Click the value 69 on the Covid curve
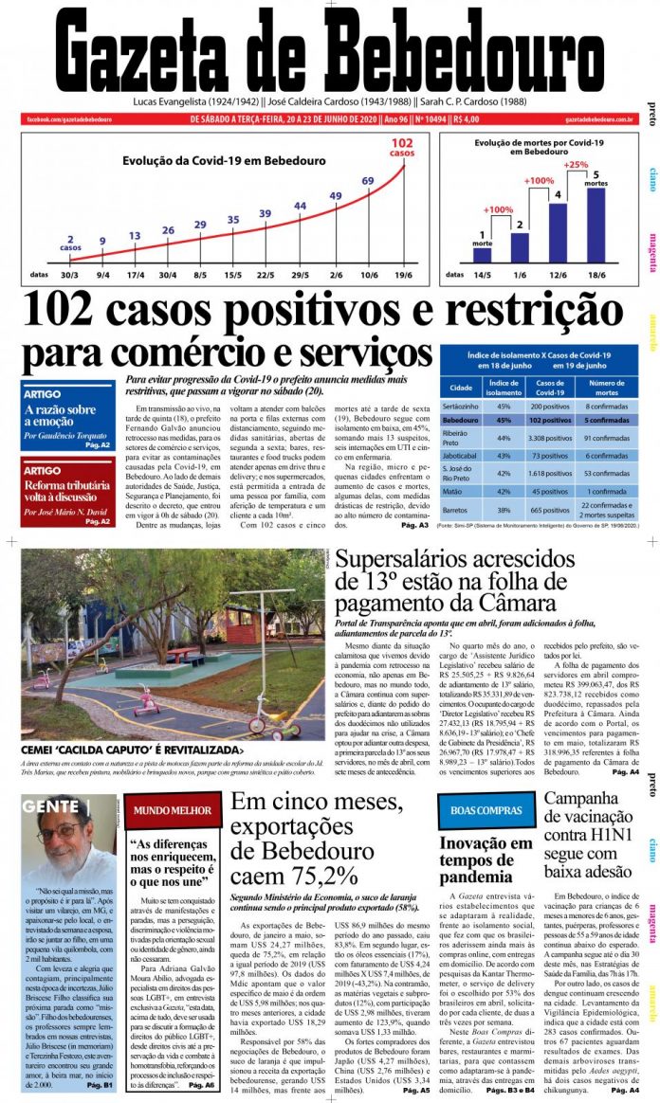(368, 181)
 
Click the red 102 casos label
(402, 146)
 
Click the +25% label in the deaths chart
(576, 165)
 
